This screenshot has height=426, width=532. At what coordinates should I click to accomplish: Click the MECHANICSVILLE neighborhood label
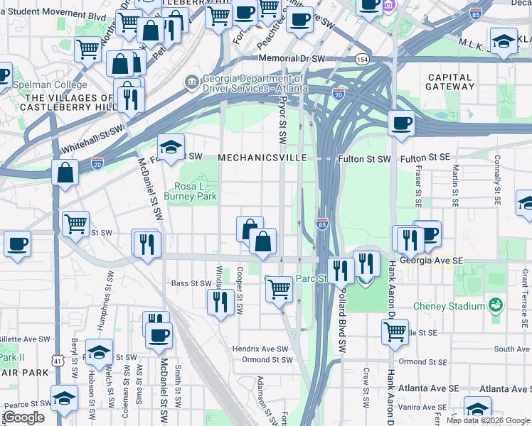tap(262, 157)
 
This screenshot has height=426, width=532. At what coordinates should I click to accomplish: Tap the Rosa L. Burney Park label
tap(190, 190)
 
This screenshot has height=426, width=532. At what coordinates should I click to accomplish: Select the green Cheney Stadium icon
tap(496, 305)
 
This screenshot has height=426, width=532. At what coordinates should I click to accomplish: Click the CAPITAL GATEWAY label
tap(449, 82)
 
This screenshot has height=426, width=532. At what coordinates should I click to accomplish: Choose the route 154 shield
tap(363, 59)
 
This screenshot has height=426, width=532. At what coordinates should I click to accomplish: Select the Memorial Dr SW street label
tap(312, 58)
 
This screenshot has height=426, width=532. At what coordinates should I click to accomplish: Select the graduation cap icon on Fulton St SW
tap(171, 146)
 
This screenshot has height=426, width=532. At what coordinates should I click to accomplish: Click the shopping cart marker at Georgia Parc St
tap(279, 288)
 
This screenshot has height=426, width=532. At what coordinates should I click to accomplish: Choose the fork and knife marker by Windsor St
tap(220, 301)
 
